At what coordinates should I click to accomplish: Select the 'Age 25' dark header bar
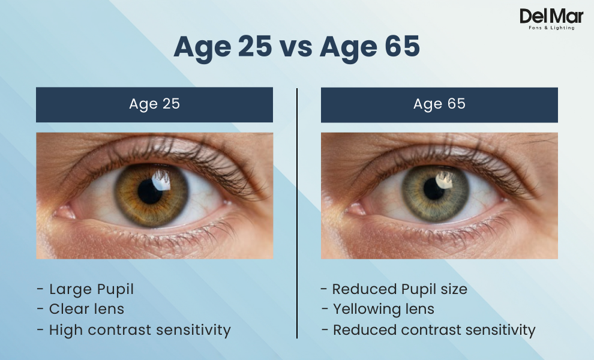pos(154,104)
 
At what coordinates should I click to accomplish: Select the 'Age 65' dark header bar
pos(439,104)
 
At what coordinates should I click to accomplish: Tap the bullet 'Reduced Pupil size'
pos(399,289)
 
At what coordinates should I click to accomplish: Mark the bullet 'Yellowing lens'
pos(383,310)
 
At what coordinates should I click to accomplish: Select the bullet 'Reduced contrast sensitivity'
pos(434,329)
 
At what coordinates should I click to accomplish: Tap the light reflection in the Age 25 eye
pos(162,176)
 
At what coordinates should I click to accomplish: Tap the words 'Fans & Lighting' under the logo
pos(551,28)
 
